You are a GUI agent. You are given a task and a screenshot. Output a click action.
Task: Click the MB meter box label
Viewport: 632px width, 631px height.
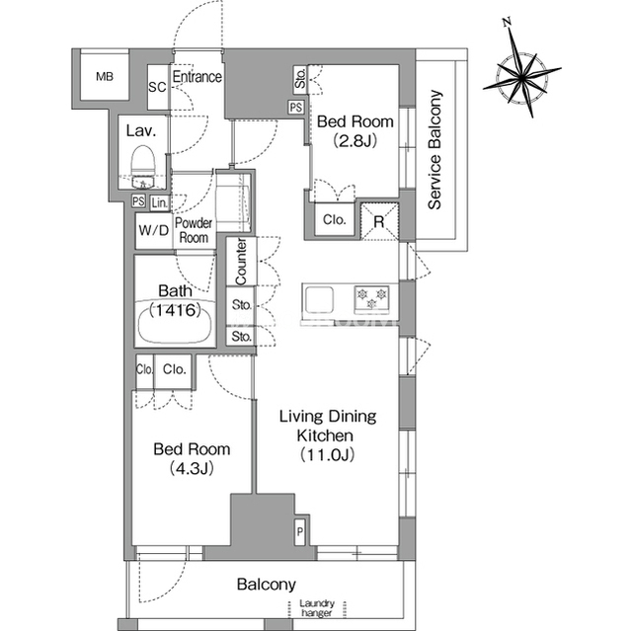pos(105,76)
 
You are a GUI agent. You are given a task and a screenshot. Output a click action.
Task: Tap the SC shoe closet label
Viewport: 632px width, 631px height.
pos(157,87)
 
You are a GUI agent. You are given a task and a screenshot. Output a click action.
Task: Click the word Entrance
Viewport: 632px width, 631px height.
pos(197,77)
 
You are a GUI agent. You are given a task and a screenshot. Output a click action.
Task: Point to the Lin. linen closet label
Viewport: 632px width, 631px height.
pos(160,203)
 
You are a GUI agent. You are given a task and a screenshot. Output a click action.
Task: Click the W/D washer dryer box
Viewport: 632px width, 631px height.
pos(154,230)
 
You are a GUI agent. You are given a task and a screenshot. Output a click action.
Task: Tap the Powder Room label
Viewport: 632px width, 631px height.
pos(194,230)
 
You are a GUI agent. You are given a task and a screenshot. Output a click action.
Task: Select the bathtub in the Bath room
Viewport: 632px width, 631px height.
pos(175,322)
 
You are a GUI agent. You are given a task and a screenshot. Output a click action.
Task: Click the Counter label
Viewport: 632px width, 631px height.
pos(241,262)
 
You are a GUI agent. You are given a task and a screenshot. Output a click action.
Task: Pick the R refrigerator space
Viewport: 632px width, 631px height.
pos(379,221)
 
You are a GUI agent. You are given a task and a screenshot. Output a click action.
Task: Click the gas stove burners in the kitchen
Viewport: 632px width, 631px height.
pos(371,299)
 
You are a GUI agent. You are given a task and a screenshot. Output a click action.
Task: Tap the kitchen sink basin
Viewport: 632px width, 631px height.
pos(319,299)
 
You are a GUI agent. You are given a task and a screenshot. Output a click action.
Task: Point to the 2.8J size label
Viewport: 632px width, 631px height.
pos(355,140)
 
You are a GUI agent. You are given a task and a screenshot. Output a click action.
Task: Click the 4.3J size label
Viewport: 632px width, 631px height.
pos(192,468)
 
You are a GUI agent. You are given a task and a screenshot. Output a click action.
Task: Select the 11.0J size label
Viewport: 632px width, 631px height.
pos(327,455)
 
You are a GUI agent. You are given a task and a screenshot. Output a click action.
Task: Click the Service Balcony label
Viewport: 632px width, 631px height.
pos(434,149)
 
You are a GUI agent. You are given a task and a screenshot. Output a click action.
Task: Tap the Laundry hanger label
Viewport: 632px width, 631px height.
pos(316,608)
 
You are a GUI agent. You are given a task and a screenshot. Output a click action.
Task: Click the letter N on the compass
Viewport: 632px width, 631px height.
pos(508,22)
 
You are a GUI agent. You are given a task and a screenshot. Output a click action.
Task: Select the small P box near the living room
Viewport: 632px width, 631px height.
pos(300,531)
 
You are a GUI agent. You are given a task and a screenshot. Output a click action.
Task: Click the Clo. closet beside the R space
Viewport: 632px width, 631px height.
pos(335,219)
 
